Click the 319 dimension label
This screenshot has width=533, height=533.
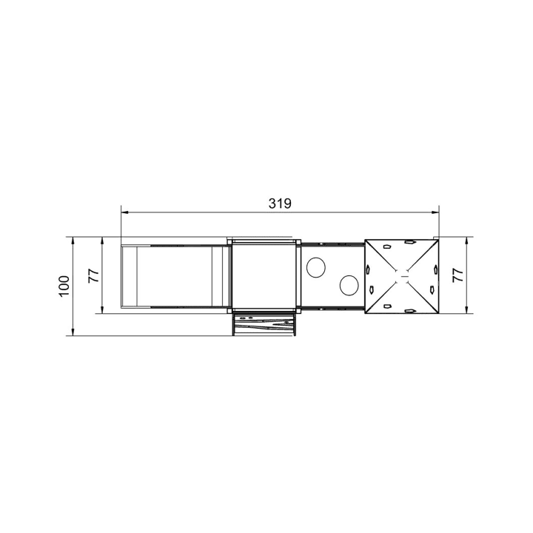280,204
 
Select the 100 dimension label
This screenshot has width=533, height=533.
64,286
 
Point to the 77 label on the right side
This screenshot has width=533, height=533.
458,275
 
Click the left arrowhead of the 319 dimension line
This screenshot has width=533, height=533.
124,212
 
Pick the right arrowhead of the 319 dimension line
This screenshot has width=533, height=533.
435,212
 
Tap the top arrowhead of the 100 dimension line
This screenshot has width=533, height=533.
73,241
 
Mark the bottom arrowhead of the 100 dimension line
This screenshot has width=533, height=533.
73,332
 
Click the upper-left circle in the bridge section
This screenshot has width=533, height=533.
316,266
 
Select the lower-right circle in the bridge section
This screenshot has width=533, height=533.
349,285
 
